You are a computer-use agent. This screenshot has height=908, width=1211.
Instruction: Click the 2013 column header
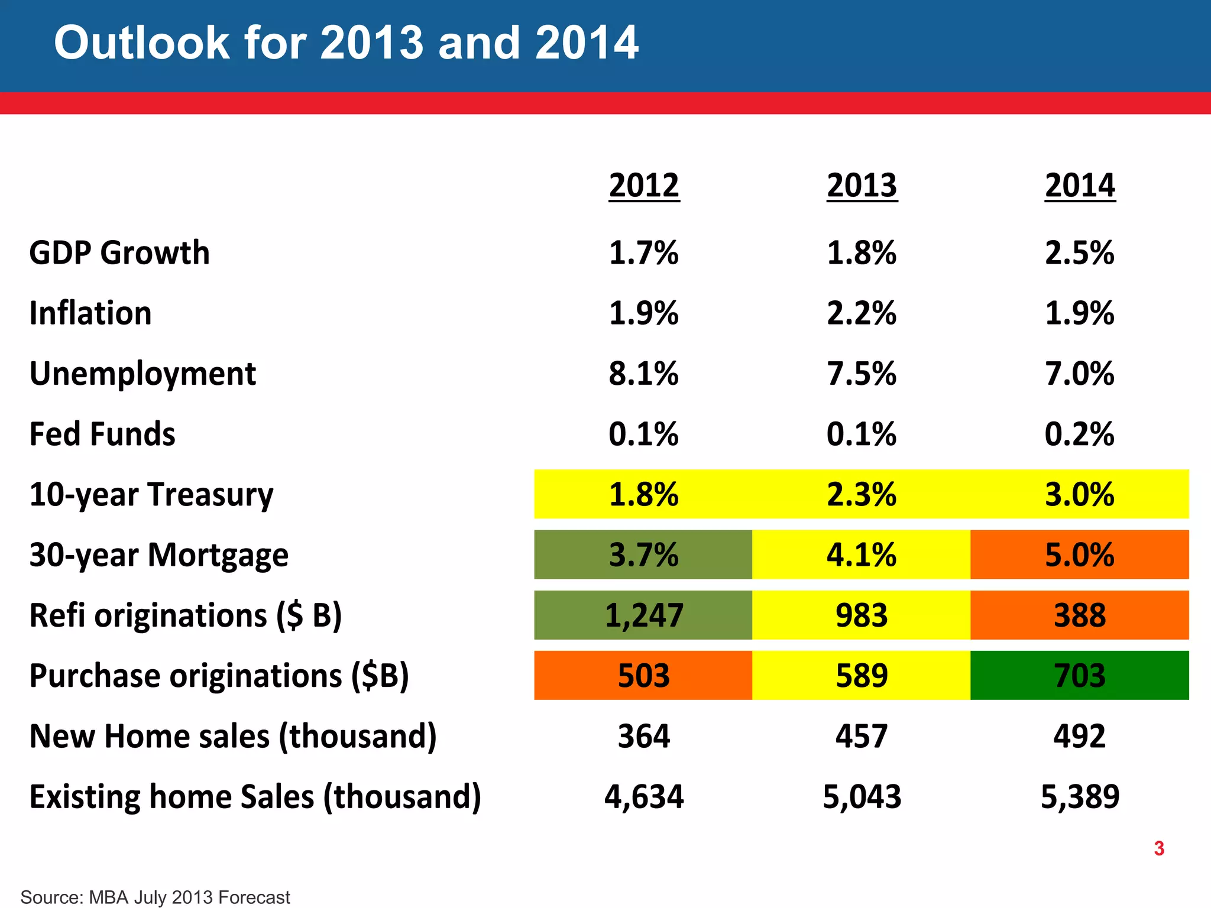(x=862, y=186)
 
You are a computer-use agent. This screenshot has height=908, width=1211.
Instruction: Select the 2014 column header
(x=1080, y=186)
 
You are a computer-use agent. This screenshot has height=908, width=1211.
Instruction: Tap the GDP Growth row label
(x=119, y=253)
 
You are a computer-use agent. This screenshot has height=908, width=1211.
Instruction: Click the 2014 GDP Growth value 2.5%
(x=1080, y=253)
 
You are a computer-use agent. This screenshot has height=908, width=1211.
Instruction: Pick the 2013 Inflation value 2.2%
(x=862, y=313)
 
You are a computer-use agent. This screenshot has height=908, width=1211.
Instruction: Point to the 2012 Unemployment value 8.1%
(x=643, y=374)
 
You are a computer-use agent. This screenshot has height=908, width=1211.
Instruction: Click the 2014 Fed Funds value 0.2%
(x=1080, y=434)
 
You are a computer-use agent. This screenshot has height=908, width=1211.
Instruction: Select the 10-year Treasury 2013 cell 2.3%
(x=862, y=494)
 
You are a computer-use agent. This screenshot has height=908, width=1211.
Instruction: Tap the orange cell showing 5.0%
(x=1080, y=554)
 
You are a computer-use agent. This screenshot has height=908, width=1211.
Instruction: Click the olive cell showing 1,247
(x=643, y=615)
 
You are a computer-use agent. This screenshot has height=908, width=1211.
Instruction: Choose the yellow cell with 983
(x=862, y=615)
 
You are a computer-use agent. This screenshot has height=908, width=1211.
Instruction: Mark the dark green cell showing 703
(x=1080, y=675)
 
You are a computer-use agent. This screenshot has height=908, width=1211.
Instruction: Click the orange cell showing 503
(x=643, y=675)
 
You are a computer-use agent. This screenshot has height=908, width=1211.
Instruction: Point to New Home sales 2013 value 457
(x=862, y=736)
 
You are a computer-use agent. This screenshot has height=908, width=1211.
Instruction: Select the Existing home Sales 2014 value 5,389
(x=1080, y=796)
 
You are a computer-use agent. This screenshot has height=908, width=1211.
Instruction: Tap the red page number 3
(x=1159, y=848)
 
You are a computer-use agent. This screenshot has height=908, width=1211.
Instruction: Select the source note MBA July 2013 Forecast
(x=155, y=897)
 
